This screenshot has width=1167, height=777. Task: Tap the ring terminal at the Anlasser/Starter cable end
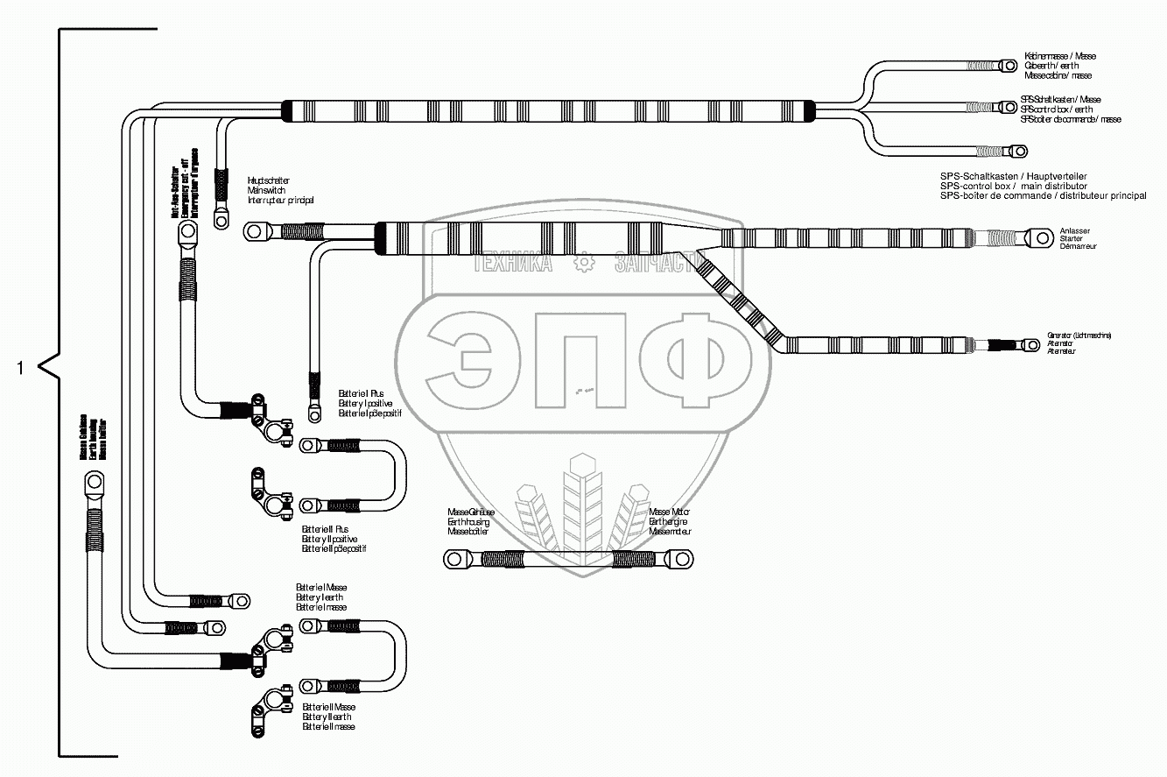[1040, 237]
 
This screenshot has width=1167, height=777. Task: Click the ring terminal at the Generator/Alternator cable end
[1030, 345]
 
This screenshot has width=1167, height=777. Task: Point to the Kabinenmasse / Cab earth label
[1059, 66]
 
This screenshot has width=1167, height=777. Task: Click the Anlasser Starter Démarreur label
[1078, 238]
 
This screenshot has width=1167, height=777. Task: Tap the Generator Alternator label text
[1079, 343]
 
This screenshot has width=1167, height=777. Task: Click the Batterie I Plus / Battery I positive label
[369, 403]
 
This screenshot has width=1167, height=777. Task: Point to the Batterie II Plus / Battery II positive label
[334, 539]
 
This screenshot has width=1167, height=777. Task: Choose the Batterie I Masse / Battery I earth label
[321, 597]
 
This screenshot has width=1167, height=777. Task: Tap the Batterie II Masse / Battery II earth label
[328, 717]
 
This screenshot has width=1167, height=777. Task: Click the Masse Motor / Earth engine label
[671, 521]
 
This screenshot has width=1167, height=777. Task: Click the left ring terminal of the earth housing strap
[454, 558]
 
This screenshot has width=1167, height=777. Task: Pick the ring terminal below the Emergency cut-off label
[187, 233]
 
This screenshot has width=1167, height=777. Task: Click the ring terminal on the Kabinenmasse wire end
[1019, 66]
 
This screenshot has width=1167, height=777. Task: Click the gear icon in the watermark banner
[583, 263]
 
